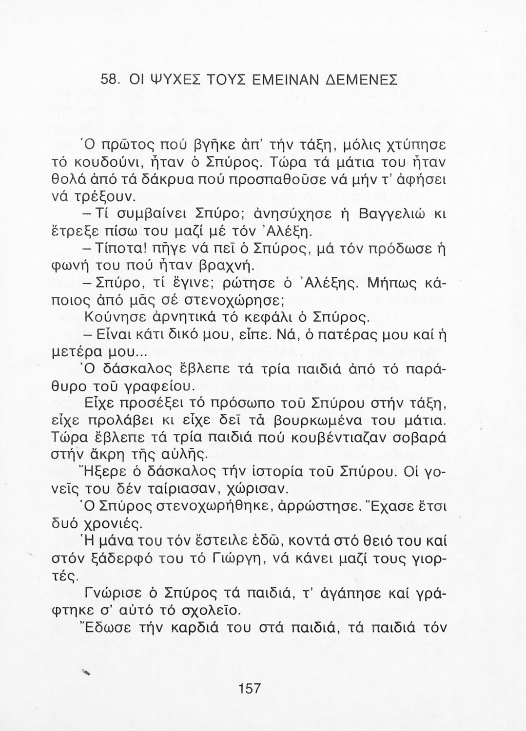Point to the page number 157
click(250, 688)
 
